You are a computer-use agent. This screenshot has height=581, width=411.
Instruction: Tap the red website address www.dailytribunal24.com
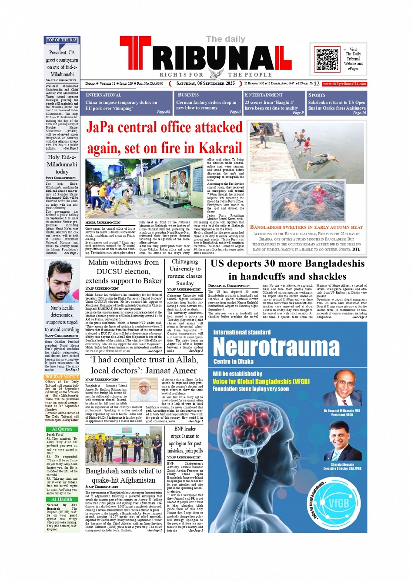click(x=344, y=83)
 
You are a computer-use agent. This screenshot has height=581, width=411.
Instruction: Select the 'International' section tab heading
click(x=104, y=95)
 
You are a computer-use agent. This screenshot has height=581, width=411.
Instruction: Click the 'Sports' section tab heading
click(x=317, y=95)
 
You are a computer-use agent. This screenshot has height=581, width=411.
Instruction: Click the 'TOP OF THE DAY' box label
click(x=62, y=40)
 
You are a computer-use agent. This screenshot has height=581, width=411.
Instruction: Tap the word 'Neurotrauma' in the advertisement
click(x=276, y=347)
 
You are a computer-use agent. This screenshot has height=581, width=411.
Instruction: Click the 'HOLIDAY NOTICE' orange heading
click(x=62, y=377)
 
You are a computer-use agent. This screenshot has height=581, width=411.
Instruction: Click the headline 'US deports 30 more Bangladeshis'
click(x=287, y=264)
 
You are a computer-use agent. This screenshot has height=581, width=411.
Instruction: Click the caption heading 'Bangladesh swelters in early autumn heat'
click(x=306, y=227)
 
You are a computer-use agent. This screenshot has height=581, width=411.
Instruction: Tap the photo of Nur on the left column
click(x=62, y=281)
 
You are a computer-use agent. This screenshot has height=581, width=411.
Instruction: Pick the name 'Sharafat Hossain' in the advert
click(x=342, y=464)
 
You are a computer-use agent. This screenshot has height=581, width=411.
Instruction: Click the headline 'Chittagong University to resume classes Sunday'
click(x=185, y=272)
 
